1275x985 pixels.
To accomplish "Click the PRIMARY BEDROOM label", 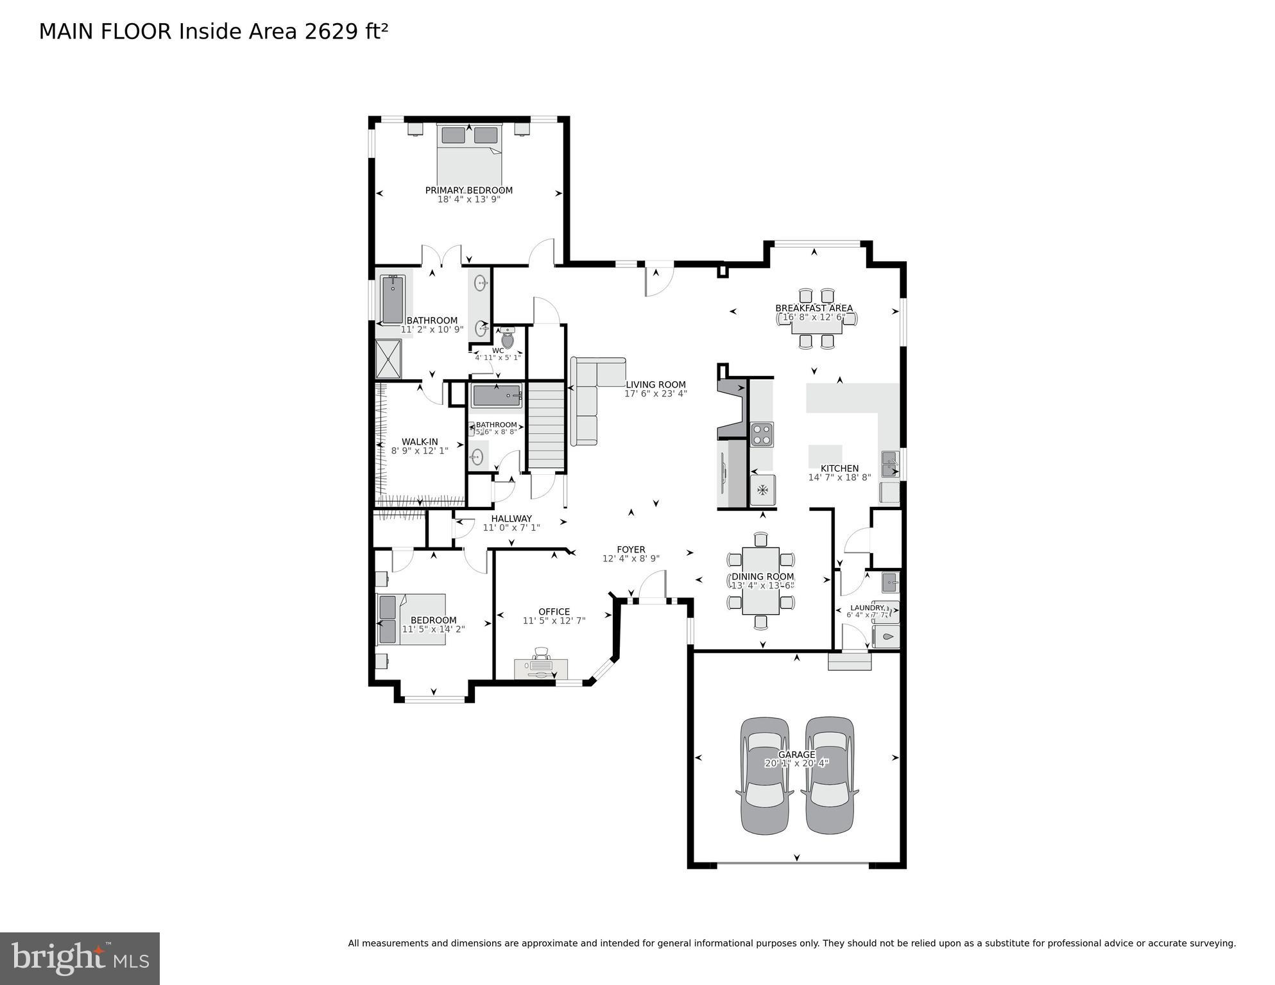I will click(468, 190).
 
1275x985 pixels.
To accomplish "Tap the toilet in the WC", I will click(507, 338).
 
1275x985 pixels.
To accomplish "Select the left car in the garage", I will click(765, 776).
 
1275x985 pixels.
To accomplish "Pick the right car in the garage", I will click(830, 776).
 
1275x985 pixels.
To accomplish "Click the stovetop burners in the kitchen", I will click(762, 434).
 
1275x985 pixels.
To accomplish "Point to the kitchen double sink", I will click(890, 464).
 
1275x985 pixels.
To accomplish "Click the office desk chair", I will click(542, 653).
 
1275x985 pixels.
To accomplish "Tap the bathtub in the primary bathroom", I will click(392, 300).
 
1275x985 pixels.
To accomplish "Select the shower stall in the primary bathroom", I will click(388, 358).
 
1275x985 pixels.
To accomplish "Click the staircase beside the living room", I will click(546, 425).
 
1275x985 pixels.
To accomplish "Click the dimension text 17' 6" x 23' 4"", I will click(655, 393).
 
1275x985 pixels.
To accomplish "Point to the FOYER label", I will click(631, 549).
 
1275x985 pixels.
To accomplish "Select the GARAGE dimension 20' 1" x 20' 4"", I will click(796, 764).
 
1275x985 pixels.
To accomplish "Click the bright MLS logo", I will click(80, 959).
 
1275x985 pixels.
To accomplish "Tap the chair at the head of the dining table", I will click(761, 539).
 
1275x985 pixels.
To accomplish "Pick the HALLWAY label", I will click(511, 518).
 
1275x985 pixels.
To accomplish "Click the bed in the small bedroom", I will click(411, 619).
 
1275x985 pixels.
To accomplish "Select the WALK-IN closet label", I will click(420, 441).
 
